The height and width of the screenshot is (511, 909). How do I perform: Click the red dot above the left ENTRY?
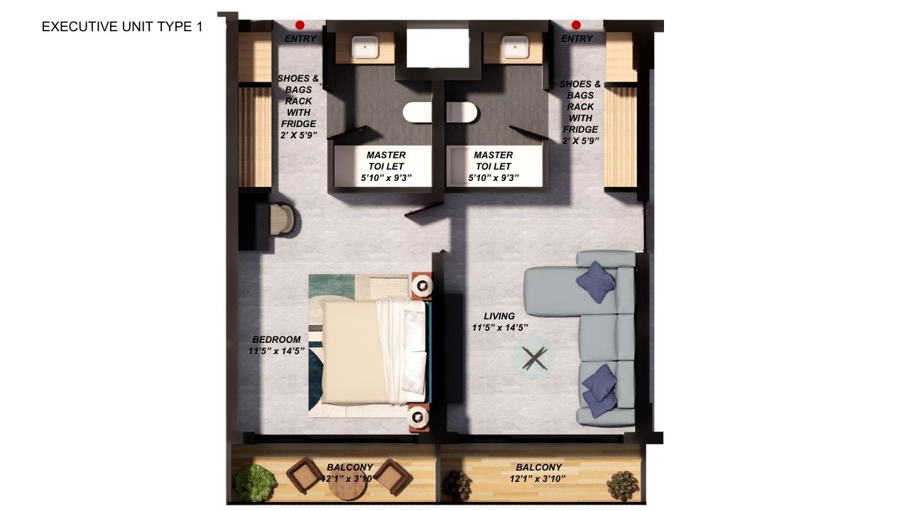[300, 25]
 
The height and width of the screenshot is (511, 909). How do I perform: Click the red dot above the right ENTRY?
[576, 25]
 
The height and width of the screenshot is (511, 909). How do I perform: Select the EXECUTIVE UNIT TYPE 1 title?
[122, 27]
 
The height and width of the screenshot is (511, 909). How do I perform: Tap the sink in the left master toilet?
[365, 48]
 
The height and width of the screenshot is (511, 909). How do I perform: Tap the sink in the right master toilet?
[516, 48]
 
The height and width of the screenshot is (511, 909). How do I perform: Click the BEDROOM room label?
[276, 339]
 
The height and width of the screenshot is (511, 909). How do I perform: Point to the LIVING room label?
[499, 316]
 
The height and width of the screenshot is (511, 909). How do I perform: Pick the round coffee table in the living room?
[533, 358]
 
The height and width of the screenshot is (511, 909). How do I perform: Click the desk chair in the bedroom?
[283, 219]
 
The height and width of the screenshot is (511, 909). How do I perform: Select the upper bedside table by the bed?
[422, 285]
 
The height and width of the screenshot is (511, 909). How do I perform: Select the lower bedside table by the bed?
[418, 417]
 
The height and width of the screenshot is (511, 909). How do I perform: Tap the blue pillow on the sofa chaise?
[596, 282]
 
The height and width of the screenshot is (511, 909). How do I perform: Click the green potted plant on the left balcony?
[255, 483]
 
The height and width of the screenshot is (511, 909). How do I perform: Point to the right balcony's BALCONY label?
[538, 467]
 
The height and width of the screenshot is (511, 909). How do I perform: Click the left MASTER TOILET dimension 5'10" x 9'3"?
[386, 177]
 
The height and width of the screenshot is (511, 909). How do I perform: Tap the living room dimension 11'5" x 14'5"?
[500, 327]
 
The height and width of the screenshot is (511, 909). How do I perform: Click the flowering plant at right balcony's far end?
[623, 486]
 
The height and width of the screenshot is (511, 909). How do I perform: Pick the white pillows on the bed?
[415, 348]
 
